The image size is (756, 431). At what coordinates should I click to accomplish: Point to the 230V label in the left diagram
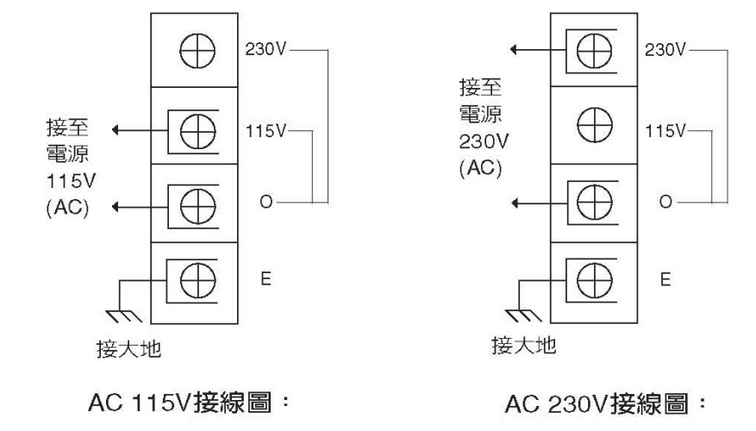(x=267, y=50)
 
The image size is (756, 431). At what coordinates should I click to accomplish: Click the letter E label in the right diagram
(x=664, y=279)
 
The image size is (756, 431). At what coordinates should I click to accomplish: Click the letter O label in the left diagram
(x=266, y=204)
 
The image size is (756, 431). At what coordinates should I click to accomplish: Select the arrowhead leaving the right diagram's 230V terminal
(x=515, y=50)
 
